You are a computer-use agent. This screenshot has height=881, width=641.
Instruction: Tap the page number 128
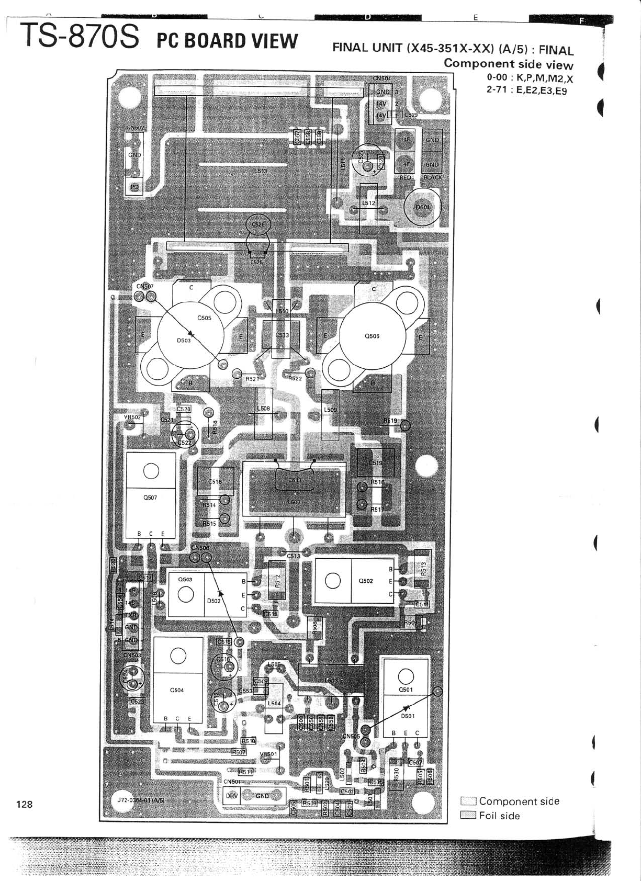tap(25, 804)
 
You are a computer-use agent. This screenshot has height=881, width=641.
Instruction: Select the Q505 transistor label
tap(204, 318)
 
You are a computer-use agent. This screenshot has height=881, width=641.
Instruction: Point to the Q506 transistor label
tap(372, 336)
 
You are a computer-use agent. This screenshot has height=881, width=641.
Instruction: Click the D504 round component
tap(423, 207)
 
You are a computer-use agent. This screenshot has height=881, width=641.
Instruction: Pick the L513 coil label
tap(260, 171)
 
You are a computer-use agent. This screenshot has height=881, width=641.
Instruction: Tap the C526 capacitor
tap(258, 224)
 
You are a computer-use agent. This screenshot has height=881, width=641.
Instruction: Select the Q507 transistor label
tap(150, 498)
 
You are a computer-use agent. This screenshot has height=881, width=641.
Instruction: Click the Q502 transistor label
tap(366, 581)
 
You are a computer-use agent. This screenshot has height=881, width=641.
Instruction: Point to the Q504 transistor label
tap(177, 690)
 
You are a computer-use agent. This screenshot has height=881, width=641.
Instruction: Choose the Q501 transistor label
tap(406, 690)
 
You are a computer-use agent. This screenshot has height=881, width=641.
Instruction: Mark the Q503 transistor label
tap(185, 579)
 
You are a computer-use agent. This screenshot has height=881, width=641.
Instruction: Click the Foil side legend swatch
tap(468, 815)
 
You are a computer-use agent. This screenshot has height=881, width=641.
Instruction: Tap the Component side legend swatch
tap(468, 801)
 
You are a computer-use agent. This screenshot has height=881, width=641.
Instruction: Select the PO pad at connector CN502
tap(134, 187)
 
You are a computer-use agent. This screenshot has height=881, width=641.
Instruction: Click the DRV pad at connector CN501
tap(231, 796)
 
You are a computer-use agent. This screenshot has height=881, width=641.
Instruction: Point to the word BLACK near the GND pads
tap(433, 177)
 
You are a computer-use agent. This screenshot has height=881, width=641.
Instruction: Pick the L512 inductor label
tap(368, 202)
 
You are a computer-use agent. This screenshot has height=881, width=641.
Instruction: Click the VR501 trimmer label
tap(268, 754)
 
